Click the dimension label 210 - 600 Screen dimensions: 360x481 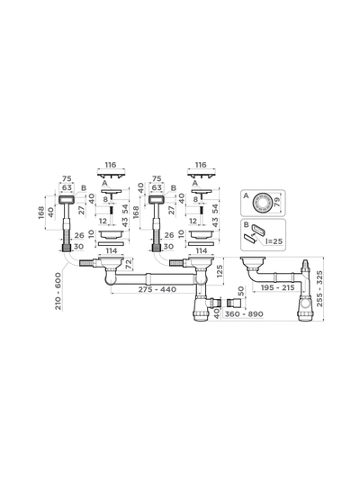pyautogui.click(x=58, y=291)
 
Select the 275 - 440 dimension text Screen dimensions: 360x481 pyautogui.click(x=157, y=289)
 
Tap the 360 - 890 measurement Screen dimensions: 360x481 pyautogui.click(x=244, y=314)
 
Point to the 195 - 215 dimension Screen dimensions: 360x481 pyautogui.click(x=277, y=287)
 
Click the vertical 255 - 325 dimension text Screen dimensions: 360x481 pyautogui.click(x=319, y=288)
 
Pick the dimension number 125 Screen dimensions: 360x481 pyautogui.click(x=220, y=271)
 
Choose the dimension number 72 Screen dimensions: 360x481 pyautogui.click(x=129, y=264)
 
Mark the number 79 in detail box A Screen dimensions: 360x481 pyautogui.click(x=276, y=202)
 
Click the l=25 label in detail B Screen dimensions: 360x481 pyautogui.click(x=274, y=241)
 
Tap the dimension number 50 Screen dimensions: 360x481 pyautogui.click(x=241, y=291)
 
